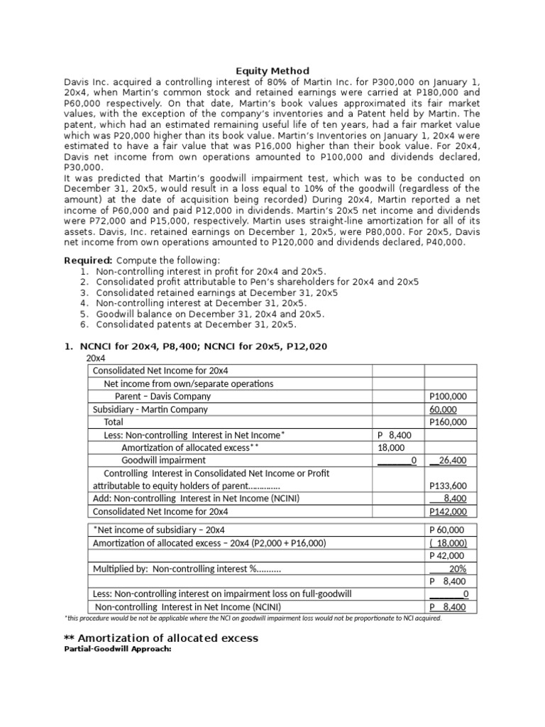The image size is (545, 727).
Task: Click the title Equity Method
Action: pos(272,71)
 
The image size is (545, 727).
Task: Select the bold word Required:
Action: pos(88,261)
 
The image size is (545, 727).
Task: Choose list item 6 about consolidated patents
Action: pos(196,324)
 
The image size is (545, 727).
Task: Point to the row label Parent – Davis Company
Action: pos(163,396)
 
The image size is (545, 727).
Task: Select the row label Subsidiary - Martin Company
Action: pos(150,409)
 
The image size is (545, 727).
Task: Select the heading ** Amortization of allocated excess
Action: pos(161,638)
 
